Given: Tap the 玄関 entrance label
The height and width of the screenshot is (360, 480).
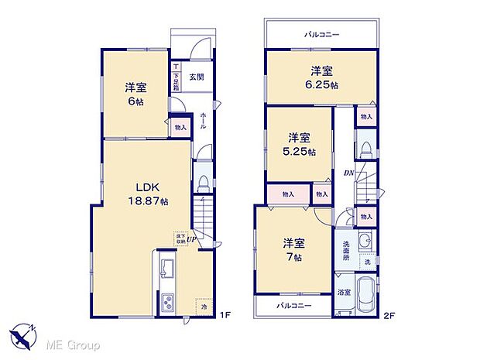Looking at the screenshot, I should click(196, 77).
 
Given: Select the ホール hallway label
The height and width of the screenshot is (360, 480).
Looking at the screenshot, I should click(203, 120).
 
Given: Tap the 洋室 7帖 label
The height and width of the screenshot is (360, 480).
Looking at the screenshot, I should click(293, 248).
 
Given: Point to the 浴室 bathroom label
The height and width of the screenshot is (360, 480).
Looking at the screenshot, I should click(345, 293).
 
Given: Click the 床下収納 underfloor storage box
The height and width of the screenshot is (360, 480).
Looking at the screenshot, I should click(180, 238).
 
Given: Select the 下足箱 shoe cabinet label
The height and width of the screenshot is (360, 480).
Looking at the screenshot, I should click(177, 76).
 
